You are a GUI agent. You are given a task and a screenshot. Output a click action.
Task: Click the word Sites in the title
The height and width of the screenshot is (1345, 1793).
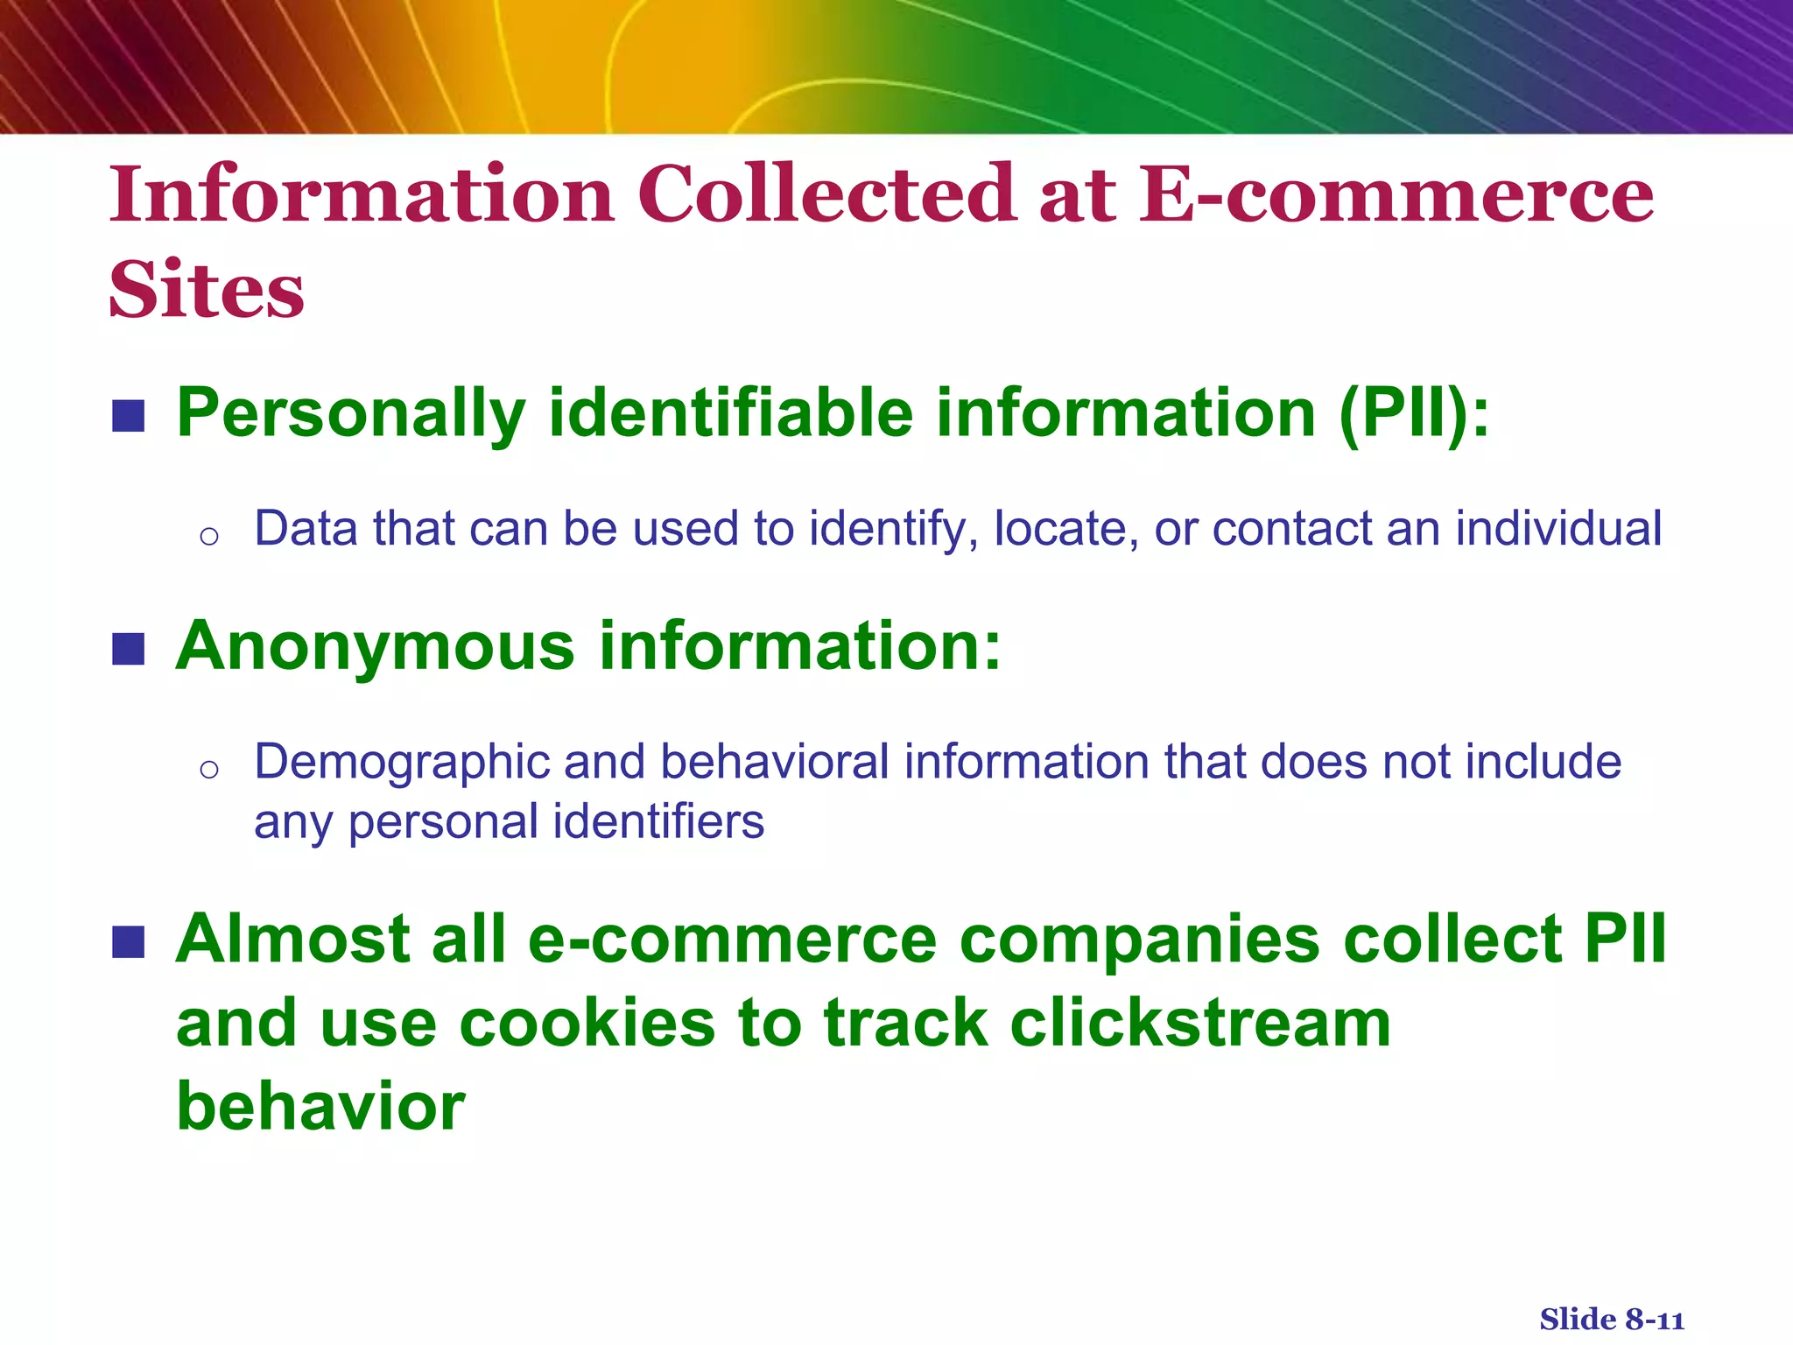pos(207,290)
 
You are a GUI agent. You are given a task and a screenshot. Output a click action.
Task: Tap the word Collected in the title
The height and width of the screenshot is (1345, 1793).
pos(826,194)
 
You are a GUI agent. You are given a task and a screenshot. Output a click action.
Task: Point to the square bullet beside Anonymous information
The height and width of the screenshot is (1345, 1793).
pos(129,649)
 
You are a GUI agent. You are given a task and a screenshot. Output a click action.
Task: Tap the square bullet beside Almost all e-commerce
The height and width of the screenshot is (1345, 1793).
pos(129,942)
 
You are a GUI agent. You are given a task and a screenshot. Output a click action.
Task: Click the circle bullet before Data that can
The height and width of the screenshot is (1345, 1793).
pos(208,536)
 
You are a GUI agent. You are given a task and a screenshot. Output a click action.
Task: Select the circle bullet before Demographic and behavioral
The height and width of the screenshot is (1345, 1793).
pos(208,769)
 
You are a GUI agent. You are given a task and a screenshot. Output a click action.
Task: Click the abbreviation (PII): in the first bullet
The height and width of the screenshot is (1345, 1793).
pos(1413,413)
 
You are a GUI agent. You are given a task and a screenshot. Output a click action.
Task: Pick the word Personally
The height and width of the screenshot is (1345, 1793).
pos(351,413)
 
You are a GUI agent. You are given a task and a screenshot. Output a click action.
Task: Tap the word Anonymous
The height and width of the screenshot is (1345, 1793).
pos(376,646)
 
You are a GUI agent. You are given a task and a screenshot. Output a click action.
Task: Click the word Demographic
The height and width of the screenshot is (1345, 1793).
pos(401,762)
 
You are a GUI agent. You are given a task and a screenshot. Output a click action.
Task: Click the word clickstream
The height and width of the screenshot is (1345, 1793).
pos(1200,1023)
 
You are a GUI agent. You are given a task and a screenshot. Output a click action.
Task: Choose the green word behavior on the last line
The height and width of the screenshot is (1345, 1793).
pos(320,1106)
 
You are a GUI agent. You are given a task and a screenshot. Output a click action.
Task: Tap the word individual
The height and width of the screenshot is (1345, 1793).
pos(1558,529)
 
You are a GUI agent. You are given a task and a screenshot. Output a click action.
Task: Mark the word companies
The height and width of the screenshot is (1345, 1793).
pos(1139,940)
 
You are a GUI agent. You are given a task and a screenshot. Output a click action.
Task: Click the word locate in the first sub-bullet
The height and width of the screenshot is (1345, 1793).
pos(1058,529)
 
